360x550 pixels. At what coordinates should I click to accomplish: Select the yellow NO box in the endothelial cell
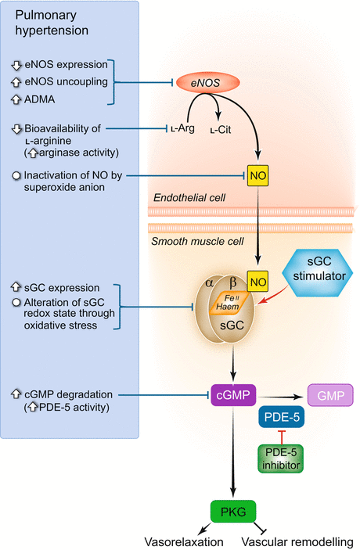(x=257, y=176)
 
